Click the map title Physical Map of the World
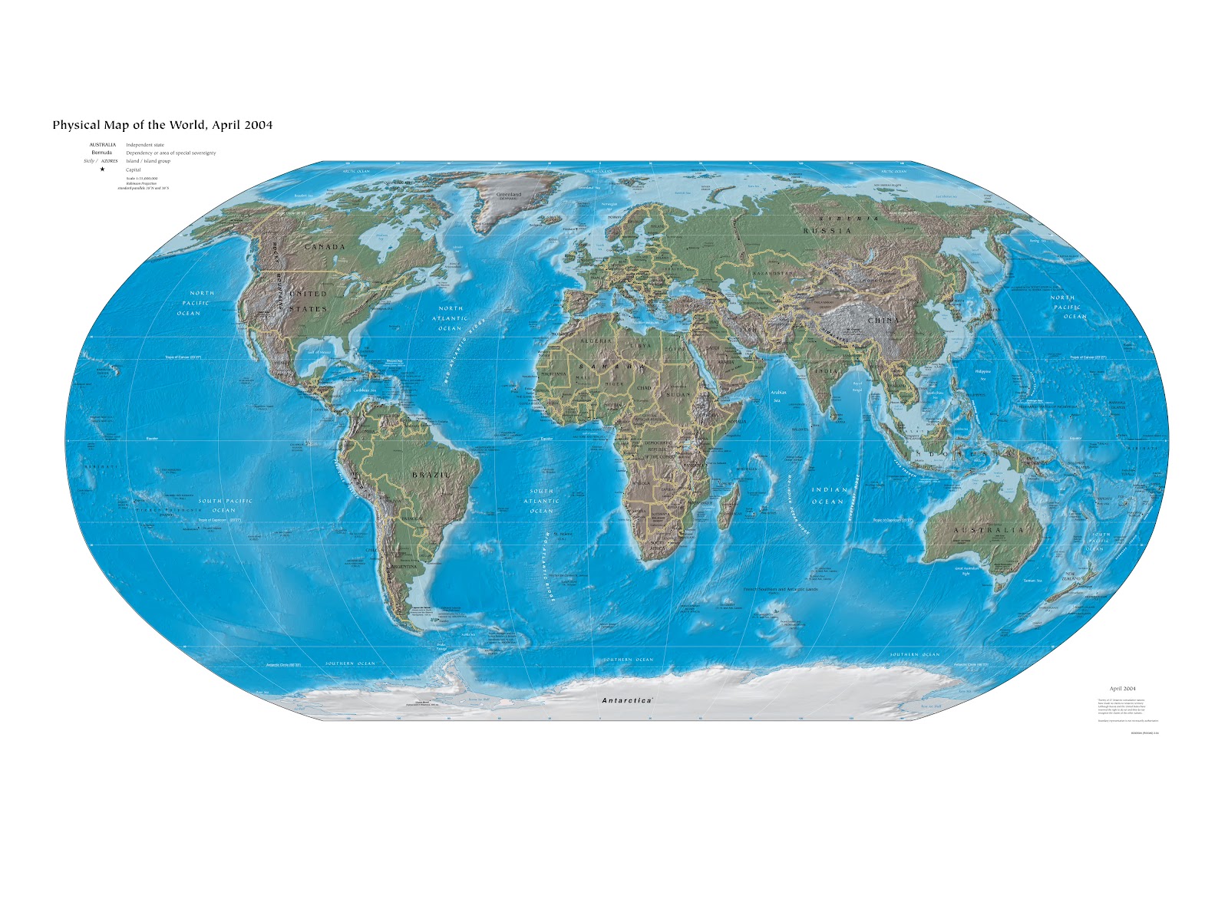click(162, 125)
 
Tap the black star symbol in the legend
click(102, 169)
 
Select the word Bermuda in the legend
click(102, 153)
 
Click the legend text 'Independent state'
click(145, 145)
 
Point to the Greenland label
click(508, 195)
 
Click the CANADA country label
click(325, 247)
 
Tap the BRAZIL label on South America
click(431, 476)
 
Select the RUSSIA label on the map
click(827, 231)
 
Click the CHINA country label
click(884, 321)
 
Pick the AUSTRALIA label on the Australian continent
click(989, 531)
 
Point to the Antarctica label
click(626, 700)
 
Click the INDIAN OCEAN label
click(829, 495)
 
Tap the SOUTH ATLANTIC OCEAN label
click(541, 501)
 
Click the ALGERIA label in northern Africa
click(596, 341)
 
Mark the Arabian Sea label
click(778, 397)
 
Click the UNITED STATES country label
click(309, 301)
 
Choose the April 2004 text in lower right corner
click(1122, 689)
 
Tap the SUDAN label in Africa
click(678, 394)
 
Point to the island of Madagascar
click(731, 503)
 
